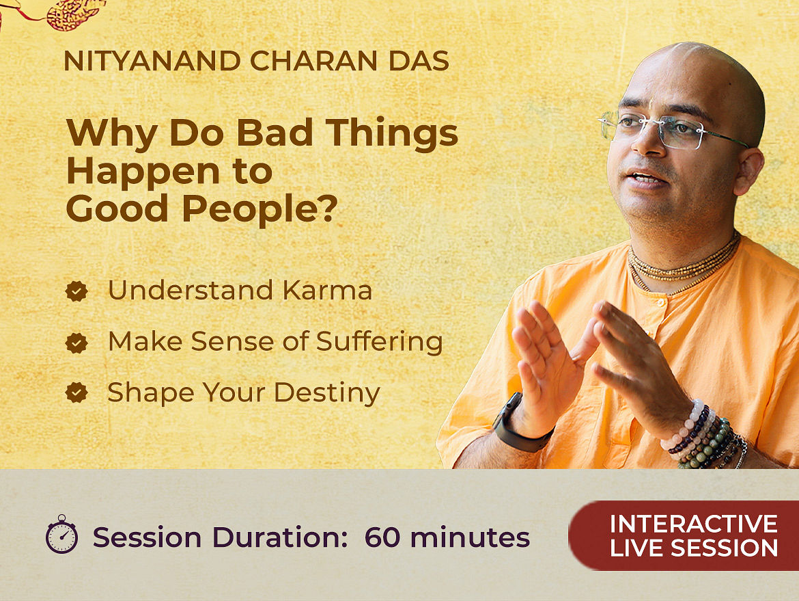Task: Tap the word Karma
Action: (x=327, y=290)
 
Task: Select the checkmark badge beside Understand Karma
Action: (x=76, y=291)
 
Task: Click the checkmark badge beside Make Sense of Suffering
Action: (x=76, y=343)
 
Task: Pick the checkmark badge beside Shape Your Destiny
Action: (x=76, y=392)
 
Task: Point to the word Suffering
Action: (x=379, y=341)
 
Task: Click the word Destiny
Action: (x=327, y=393)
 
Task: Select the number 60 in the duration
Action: (x=382, y=537)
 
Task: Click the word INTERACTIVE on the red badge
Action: (x=694, y=524)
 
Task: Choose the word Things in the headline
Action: (x=392, y=133)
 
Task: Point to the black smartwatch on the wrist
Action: (x=520, y=424)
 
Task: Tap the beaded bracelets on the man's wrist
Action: (x=704, y=437)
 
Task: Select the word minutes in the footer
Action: (x=470, y=537)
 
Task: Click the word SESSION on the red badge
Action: (x=724, y=548)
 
